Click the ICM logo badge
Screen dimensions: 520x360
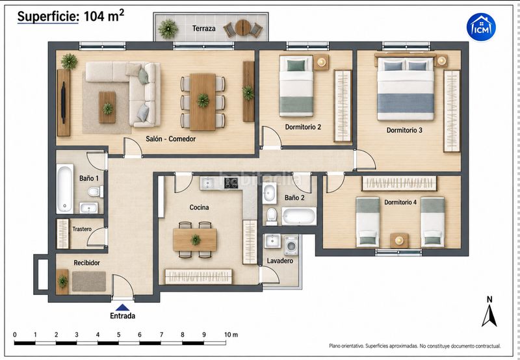[481, 27]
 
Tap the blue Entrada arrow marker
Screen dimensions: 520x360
[122, 307]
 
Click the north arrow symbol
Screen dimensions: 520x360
[489, 316]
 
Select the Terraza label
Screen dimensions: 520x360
[204, 29]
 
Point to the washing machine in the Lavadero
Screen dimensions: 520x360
[291, 246]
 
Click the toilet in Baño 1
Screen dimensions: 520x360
[95, 192]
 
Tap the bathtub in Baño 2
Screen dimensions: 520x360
[299, 216]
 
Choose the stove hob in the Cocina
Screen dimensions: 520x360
[231, 183]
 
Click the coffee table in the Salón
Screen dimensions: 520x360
[107, 107]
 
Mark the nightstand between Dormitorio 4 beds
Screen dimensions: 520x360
[399, 240]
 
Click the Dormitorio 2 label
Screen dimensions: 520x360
[303, 127]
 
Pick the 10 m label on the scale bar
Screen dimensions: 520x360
[231, 335]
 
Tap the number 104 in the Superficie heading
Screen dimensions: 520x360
[94, 16]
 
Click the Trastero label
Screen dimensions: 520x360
[82, 229]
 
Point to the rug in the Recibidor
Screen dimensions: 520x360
[89, 281]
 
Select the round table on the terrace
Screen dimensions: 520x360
[242, 28]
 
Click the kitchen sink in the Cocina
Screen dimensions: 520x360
[207, 183]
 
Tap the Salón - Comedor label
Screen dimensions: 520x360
[171, 139]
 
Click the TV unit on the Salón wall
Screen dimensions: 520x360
[63, 103]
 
